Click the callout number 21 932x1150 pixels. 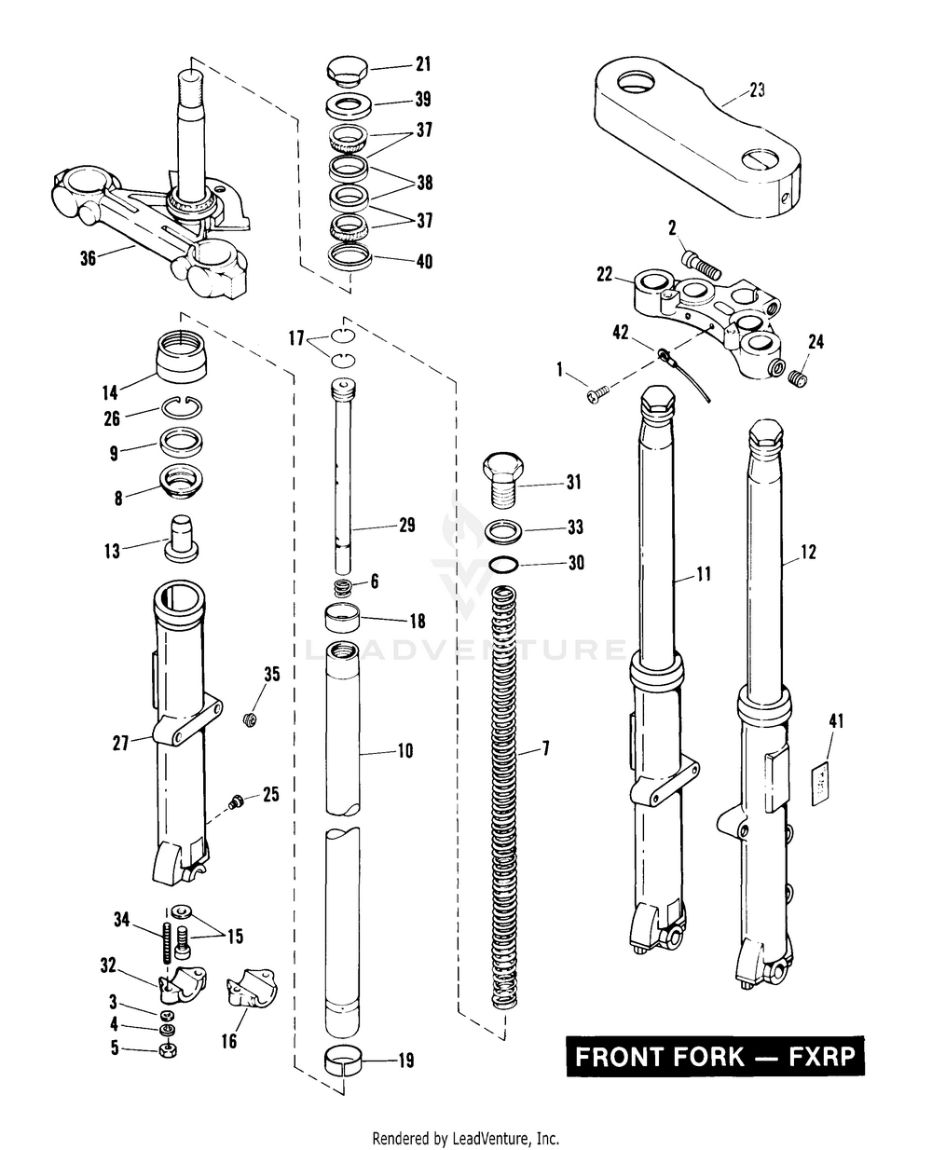(423, 64)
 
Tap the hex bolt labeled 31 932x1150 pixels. (502, 476)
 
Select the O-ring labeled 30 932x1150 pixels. (504, 564)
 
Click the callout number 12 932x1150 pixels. (807, 553)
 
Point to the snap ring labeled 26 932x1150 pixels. (178, 408)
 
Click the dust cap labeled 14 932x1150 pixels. (181, 356)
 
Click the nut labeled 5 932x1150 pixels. (169, 1050)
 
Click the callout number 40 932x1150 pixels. (423, 262)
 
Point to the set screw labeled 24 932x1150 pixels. (796, 378)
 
